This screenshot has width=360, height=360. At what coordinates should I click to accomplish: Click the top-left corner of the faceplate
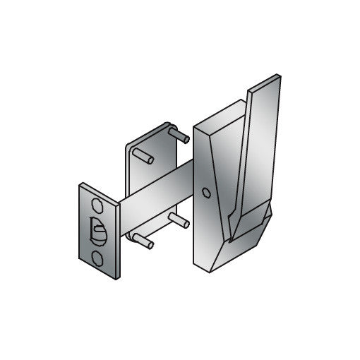click(80, 186)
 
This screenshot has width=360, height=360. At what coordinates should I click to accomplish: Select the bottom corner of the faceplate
click(112, 280)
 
